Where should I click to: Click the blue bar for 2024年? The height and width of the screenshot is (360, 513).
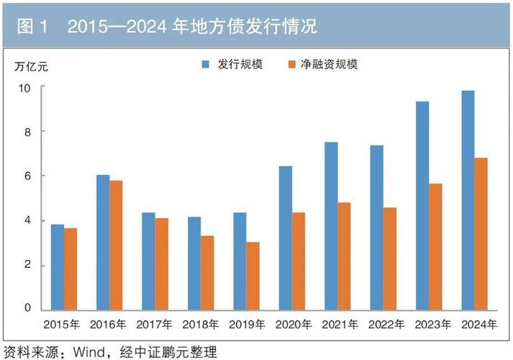click(x=468, y=201)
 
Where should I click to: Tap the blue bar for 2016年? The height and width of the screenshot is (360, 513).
click(x=103, y=243)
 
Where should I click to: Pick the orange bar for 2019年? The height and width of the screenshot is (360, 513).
click(x=253, y=276)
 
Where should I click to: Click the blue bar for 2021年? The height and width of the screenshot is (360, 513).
click(x=331, y=226)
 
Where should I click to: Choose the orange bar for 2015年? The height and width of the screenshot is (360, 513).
click(x=71, y=269)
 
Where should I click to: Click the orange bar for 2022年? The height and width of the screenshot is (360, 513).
click(x=390, y=259)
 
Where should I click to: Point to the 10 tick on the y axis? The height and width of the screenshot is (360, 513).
click(x=26, y=87)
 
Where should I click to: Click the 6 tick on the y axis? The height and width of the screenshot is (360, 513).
click(x=28, y=176)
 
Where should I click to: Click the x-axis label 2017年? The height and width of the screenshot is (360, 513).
click(x=155, y=325)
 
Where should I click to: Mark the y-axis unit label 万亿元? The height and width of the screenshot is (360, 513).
click(x=32, y=66)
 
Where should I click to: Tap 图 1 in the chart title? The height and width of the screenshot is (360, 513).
click(x=32, y=27)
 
